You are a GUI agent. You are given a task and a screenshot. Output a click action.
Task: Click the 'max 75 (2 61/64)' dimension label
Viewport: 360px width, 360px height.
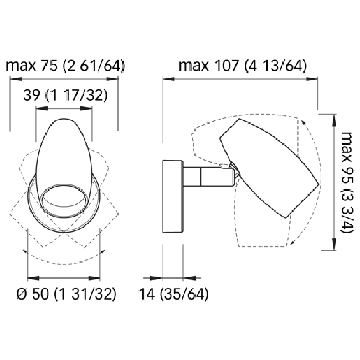coord(65,66)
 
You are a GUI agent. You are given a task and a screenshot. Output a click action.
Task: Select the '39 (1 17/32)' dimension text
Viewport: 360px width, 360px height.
coord(65,96)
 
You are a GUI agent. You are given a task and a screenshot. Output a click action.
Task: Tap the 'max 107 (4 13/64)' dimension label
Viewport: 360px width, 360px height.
coord(243,66)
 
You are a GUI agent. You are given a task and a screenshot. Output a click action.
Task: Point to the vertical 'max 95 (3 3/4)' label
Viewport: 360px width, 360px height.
coord(346,182)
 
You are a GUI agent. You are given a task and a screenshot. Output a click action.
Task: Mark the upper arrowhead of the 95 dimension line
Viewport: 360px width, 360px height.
coord(334,116)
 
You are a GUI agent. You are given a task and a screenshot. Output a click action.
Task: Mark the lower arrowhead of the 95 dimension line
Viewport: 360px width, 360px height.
coord(334,249)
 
